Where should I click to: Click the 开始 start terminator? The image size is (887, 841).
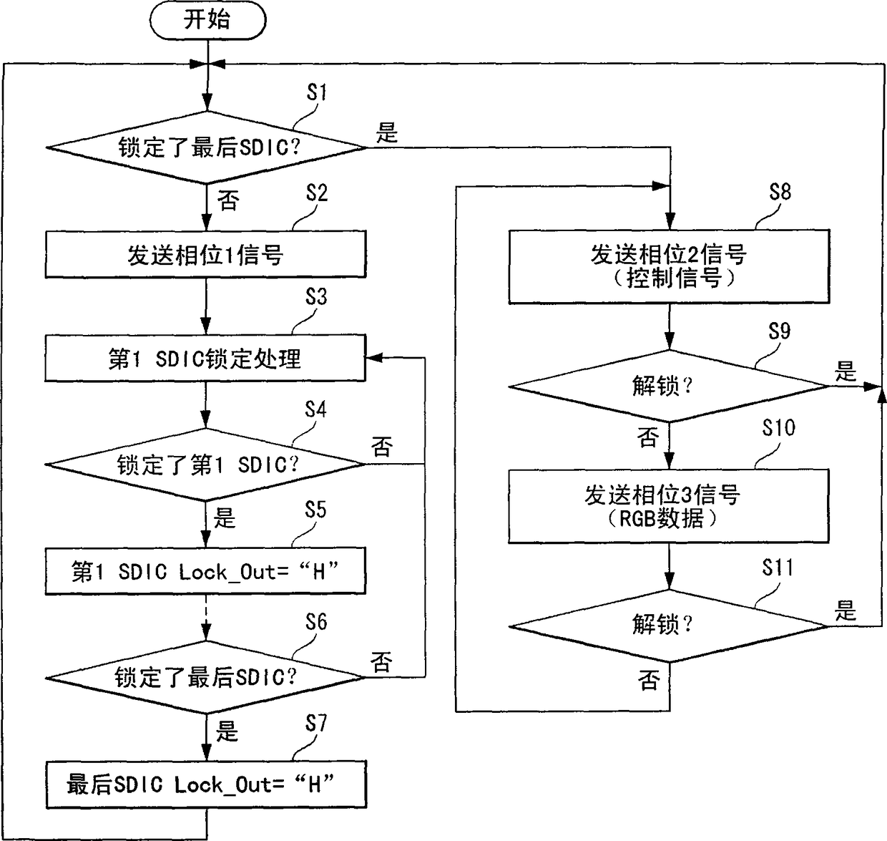click(207, 20)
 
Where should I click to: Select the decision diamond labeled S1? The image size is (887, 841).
click(206, 148)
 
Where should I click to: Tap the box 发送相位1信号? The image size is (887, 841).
click(206, 254)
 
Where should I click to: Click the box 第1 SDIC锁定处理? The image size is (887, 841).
click(206, 358)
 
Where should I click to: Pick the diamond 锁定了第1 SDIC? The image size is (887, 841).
click(206, 465)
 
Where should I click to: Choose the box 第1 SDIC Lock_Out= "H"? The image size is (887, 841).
click(206, 571)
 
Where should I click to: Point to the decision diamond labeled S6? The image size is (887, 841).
click(206, 676)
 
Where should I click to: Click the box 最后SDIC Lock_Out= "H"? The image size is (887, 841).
click(206, 784)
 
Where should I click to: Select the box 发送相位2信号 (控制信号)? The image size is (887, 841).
click(669, 266)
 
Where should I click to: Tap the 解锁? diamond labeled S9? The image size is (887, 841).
click(669, 387)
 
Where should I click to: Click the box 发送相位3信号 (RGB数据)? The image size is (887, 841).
click(669, 506)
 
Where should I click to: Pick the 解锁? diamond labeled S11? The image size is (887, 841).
click(669, 625)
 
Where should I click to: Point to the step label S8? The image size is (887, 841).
click(780, 192)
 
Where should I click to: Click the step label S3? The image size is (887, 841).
click(315, 297)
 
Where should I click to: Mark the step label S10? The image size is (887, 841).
click(778, 428)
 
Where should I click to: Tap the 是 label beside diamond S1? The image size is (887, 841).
click(387, 133)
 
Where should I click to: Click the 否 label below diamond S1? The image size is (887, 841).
click(228, 200)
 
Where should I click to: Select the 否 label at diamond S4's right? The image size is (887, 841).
click(382, 447)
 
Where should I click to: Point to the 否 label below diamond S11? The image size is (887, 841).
click(648, 680)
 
